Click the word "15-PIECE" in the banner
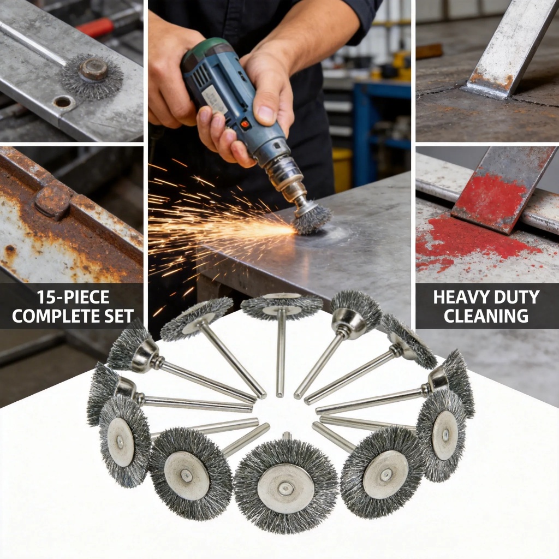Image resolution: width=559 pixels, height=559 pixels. point(73,298)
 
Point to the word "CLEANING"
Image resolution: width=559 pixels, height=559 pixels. point(486,316)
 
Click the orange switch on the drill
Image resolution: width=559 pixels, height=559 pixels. point(245,124)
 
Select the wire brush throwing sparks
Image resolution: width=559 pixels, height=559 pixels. point(311,217)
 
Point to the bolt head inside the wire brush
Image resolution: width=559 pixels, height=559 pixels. point(93,69)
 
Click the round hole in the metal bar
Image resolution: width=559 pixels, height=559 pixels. point(62,102)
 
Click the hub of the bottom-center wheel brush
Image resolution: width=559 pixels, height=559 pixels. point(286,489)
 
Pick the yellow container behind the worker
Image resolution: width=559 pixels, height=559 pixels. point(342,168)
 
